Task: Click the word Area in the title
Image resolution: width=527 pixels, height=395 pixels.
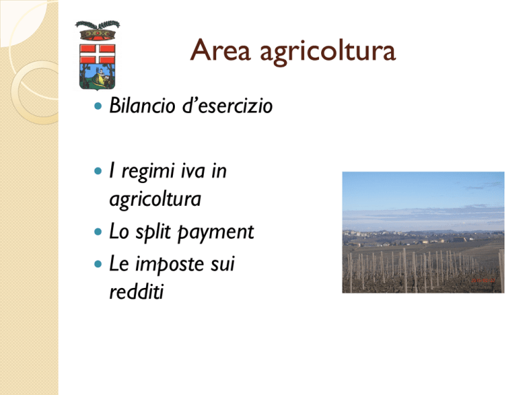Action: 220,50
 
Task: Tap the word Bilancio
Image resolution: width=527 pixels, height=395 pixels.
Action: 143,106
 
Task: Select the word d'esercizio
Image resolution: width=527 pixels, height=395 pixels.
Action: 227,106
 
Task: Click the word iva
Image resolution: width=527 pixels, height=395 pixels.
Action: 193,171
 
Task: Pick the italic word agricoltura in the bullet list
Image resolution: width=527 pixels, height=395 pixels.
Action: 155,200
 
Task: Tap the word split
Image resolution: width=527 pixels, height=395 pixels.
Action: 153,232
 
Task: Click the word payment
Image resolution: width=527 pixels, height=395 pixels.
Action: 215,232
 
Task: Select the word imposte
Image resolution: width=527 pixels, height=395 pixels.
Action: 169,264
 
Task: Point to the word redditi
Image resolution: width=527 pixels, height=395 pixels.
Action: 137,291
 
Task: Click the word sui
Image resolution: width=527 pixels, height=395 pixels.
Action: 222,264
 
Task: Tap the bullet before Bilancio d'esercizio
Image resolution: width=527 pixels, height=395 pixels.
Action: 98,106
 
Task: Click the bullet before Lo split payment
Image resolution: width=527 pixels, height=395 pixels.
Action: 98,232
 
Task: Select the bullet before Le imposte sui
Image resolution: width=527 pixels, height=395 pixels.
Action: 98,264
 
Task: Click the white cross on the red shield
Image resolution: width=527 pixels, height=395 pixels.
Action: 97,54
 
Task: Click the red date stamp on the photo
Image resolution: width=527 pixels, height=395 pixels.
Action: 483,280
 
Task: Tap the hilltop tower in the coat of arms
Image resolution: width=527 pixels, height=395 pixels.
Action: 100,73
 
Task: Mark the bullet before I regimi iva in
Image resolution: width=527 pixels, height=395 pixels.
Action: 98,171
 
